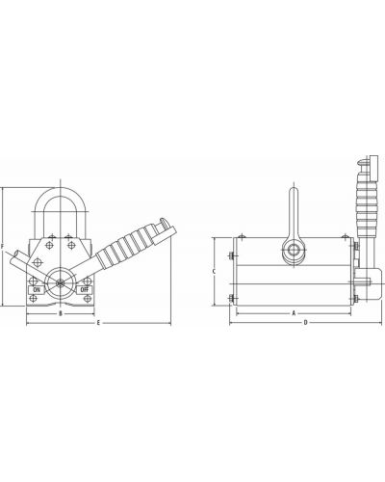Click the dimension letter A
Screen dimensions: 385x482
pyautogui.click(x=294, y=313)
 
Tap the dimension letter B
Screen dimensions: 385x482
pyautogui.click(x=60, y=313)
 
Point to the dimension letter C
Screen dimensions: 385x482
pyautogui.click(x=214, y=272)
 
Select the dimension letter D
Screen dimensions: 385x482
pyautogui.click(x=306, y=322)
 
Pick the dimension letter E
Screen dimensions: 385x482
pyautogui.click(x=98, y=322)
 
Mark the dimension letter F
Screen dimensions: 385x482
pyautogui.click(x=2, y=247)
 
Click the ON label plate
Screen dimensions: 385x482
pyautogui.click(x=37, y=289)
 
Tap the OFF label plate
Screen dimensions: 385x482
pyautogui.click(x=84, y=289)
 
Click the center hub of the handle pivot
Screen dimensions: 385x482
pyautogui.click(x=60, y=283)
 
